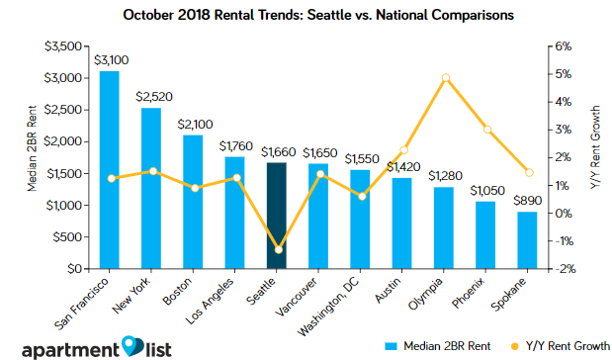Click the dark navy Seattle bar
tap(277, 216)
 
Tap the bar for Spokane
tap(528, 240)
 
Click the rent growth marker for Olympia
tap(446, 78)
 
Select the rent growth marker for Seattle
tap(277, 249)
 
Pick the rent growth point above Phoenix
tap(487, 130)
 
